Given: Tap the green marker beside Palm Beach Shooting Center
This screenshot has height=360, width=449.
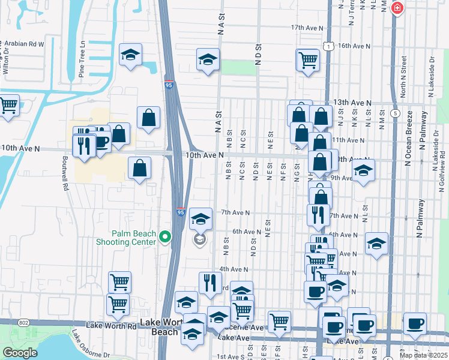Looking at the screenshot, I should click(x=165, y=238).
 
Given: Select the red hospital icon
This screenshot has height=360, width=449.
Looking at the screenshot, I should click(x=397, y=8).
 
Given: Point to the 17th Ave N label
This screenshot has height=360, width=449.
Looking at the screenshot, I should click(x=307, y=28).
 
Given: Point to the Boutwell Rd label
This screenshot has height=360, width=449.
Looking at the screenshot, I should click(x=65, y=174).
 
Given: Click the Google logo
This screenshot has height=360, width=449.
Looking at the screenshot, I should click(x=20, y=353).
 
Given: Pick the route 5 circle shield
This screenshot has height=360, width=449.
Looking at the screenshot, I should click(x=395, y=112).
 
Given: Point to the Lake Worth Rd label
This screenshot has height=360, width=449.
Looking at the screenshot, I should click(x=112, y=326).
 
